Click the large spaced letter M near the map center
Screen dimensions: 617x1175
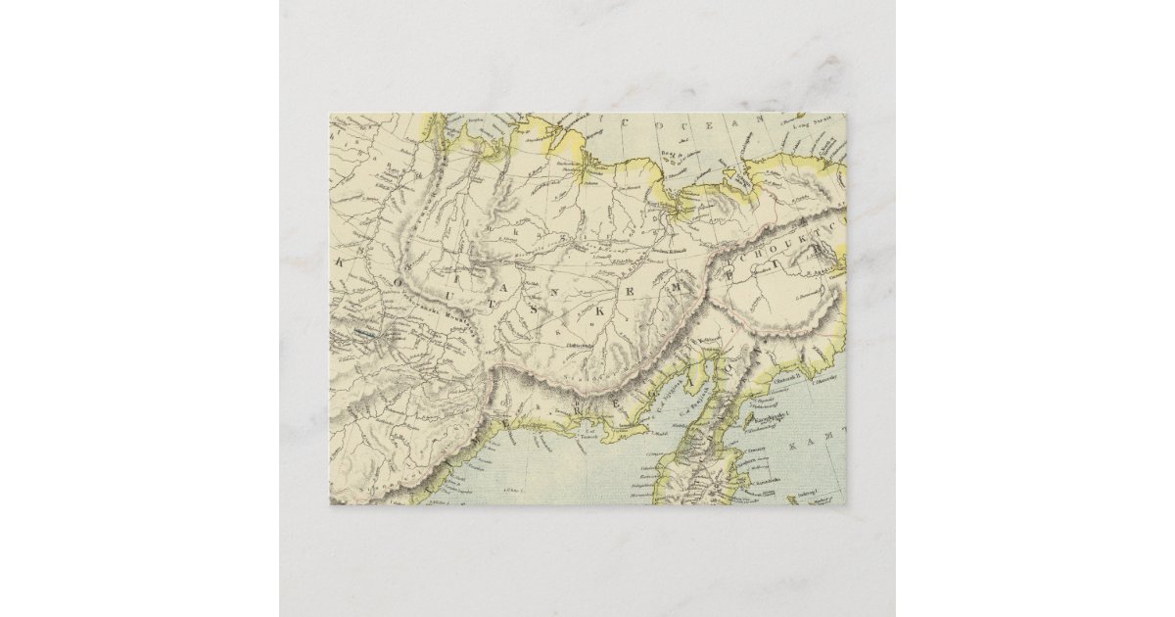click(x=666, y=291)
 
